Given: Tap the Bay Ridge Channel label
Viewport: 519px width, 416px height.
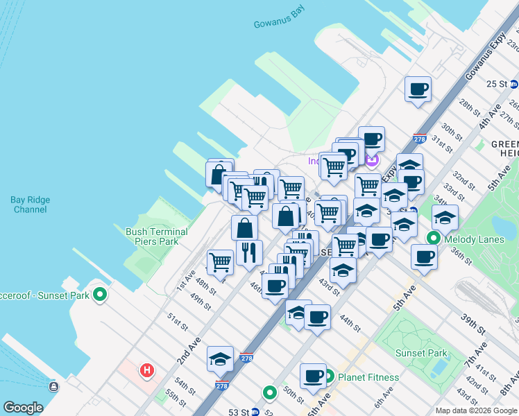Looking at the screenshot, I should coord(31,205).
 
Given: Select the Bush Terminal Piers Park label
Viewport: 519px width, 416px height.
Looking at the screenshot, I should coord(156,236).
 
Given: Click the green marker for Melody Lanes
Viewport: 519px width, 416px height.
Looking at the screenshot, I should coord(434,239).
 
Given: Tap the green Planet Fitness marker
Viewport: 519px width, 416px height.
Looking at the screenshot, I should coord(329,377).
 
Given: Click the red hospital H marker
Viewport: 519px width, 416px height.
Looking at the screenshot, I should coord(146,371).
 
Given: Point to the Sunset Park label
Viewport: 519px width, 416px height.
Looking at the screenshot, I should coord(421,353).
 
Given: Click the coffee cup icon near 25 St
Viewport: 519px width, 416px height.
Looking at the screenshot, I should coord(418,90).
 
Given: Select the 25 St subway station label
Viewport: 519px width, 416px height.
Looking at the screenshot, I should coord(497,84).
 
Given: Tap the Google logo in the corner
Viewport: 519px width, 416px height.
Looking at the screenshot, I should coord(23,408).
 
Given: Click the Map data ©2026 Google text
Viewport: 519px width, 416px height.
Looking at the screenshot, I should coord(476,410).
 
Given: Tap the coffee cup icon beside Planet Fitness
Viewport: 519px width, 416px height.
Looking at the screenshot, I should coord(313,376).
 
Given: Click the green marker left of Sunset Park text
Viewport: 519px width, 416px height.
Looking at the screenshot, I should coord(100,294).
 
